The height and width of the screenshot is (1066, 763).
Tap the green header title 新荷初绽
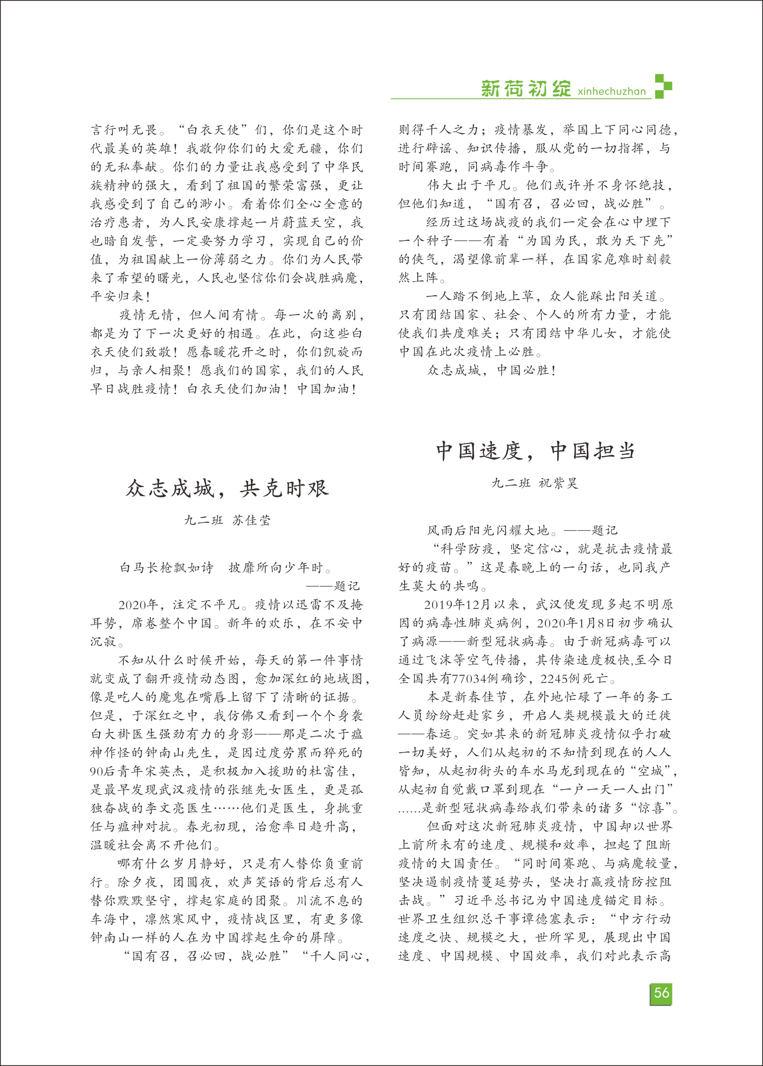point(526,88)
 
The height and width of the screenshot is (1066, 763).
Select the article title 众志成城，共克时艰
point(227,489)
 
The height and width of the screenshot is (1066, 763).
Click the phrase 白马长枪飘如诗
point(166,568)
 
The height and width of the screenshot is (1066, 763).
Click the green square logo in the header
point(663,86)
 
